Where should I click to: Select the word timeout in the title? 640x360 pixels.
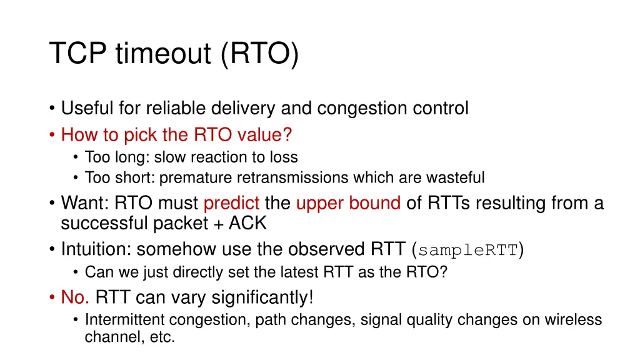pyautogui.click(x=163, y=54)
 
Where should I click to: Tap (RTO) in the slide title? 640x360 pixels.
pyautogui.click(x=259, y=54)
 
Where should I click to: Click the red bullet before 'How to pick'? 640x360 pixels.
pyautogui.click(x=53, y=134)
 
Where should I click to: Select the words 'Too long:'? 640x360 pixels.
pyautogui.click(x=114, y=157)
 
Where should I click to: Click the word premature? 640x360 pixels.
pyautogui.click(x=196, y=178)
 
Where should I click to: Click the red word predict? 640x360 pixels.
pyautogui.click(x=232, y=204)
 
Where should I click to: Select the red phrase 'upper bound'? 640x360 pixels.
pyautogui.click(x=348, y=204)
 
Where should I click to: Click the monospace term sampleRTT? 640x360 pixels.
pyautogui.click(x=468, y=251)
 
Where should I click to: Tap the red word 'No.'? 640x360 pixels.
pyautogui.click(x=75, y=297)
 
